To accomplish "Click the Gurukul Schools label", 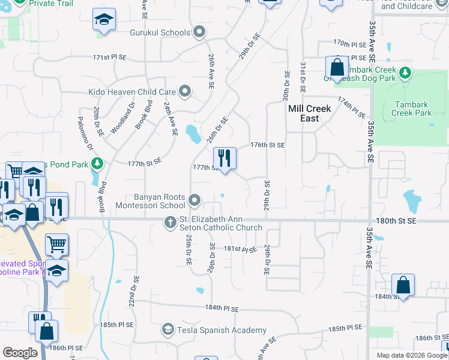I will [160, 32].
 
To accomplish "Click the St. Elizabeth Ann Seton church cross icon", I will [170, 223].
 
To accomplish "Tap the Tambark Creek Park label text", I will [413, 108].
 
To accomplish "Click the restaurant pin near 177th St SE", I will [224, 159].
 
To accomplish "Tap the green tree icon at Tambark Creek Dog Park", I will [405, 73].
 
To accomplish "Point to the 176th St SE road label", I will [267, 145].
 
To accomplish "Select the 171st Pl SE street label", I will [110, 58].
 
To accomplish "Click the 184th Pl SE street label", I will [221, 308].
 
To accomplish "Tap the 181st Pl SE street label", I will [240, 248].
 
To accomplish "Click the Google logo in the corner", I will [20, 353].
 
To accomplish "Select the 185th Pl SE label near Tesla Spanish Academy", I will [345, 329].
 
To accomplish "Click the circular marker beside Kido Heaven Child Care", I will [185, 92].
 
